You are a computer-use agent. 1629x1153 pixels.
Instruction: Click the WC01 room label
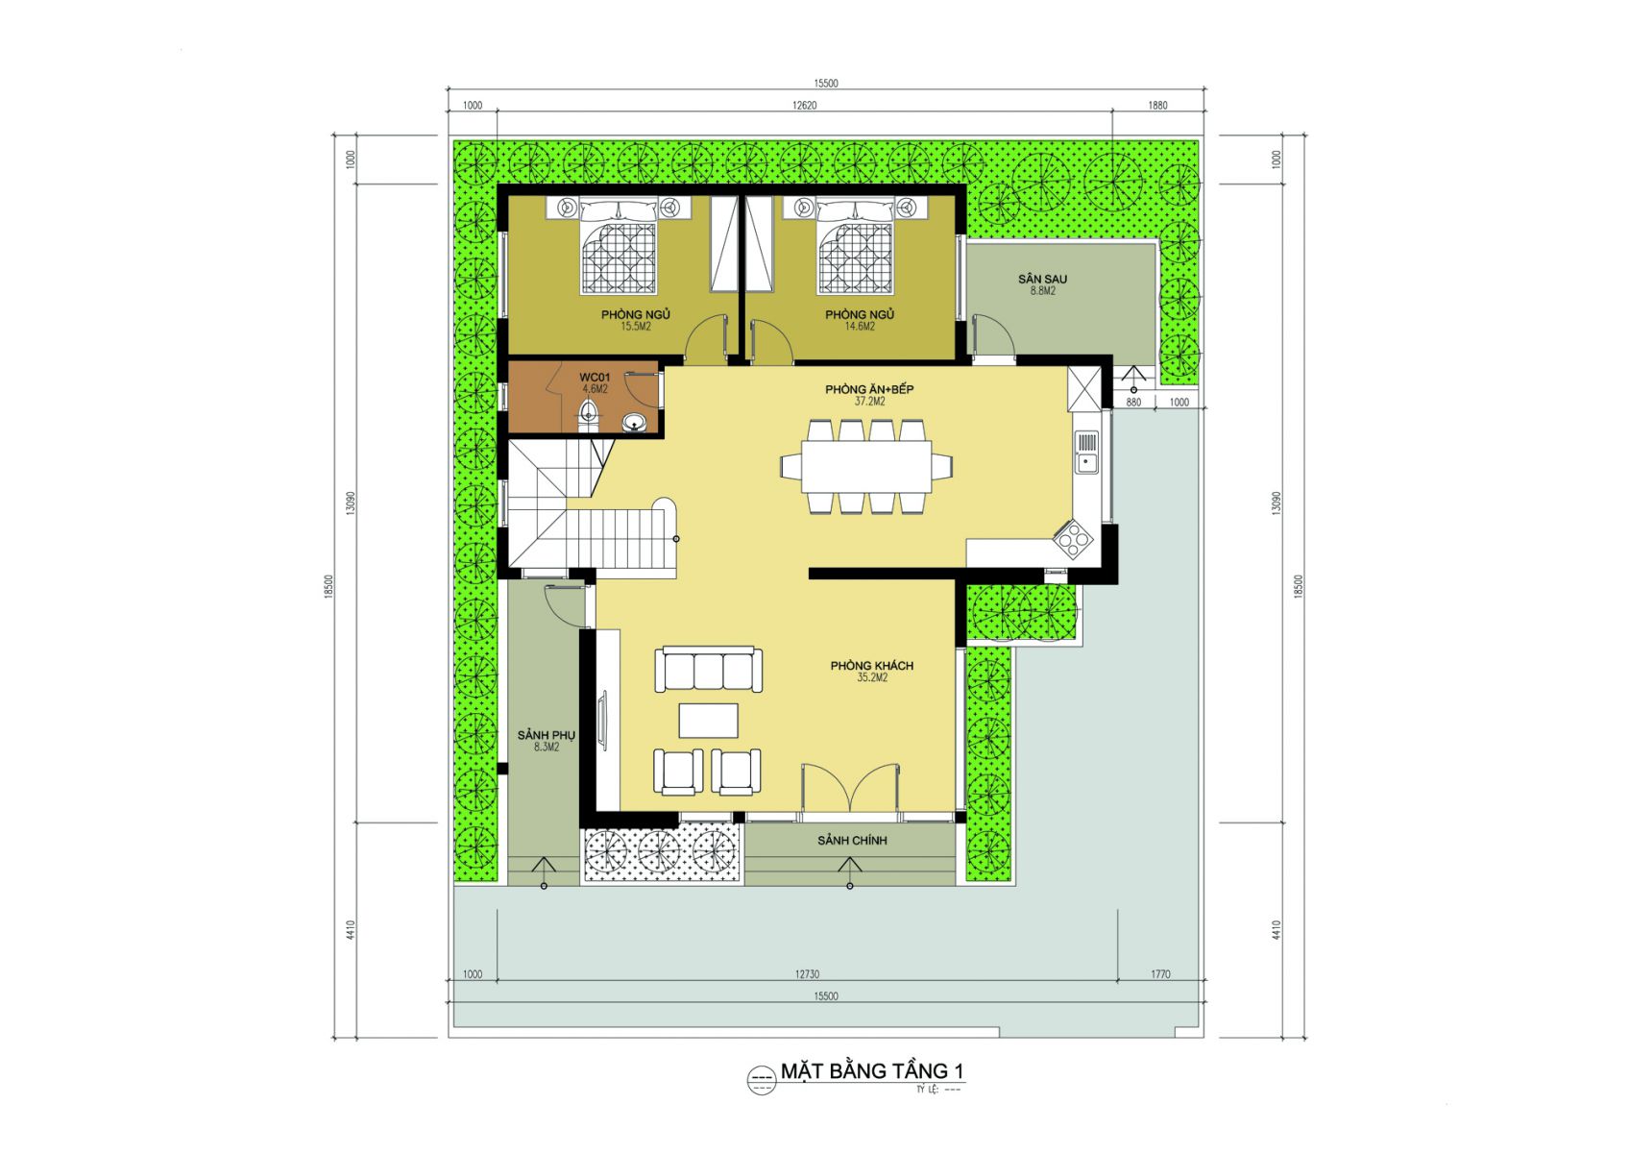click(x=595, y=377)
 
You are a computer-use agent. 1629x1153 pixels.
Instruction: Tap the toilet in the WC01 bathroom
click(x=589, y=417)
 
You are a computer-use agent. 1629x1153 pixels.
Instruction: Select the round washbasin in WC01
click(x=634, y=422)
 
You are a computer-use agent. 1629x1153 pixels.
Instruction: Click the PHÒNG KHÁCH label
click(x=872, y=666)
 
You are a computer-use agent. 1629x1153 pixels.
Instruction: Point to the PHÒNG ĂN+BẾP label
click(x=869, y=389)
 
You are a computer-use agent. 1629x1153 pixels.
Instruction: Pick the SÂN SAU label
click(x=1042, y=279)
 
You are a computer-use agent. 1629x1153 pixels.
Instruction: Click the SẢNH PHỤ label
click(x=547, y=735)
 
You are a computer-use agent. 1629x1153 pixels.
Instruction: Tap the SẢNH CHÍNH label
click(x=852, y=840)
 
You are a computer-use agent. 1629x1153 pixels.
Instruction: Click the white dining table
click(x=866, y=466)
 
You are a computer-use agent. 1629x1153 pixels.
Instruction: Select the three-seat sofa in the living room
click(x=708, y=670)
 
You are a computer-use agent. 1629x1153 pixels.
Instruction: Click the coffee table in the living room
click(x=708, y=721)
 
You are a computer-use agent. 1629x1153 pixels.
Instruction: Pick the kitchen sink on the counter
click(x=1086, y=452)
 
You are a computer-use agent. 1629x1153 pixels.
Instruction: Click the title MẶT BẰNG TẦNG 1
click(x=872, y=1070)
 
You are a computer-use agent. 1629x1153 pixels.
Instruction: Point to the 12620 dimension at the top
click(x=804, y=106)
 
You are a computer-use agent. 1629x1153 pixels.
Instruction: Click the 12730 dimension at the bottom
click(x=807, y=974)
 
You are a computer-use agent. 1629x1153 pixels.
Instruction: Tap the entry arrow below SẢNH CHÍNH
click(x=849, y=872)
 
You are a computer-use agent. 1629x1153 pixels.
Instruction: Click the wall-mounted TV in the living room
click(x=602, y=721)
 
